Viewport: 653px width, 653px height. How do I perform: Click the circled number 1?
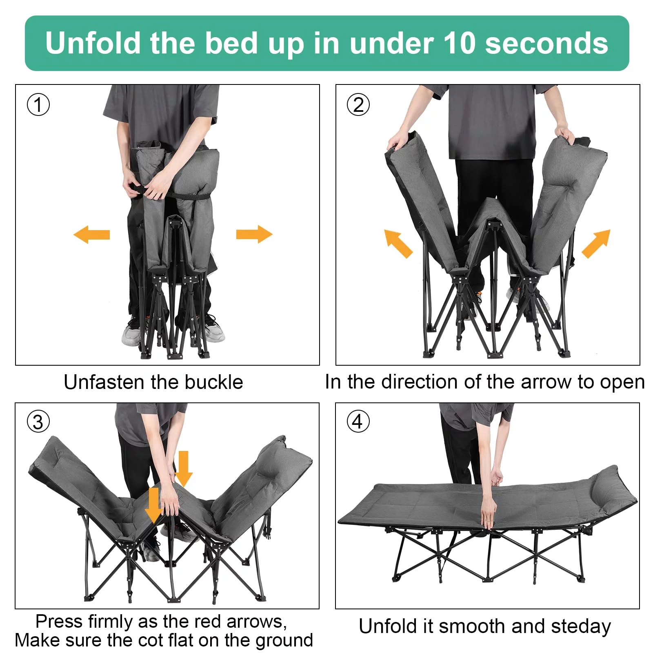[38, 104]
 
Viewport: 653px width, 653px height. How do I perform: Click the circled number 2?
[358, 104]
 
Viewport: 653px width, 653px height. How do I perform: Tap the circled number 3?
[38, 422]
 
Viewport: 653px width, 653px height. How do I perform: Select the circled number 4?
[358, 421]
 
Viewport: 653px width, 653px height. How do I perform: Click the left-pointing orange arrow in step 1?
[91, 235]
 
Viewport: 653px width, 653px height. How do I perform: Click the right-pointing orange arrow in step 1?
[254, 234]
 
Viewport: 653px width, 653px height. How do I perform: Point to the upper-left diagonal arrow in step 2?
[398, 244]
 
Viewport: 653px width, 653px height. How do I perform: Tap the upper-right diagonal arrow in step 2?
[596, 244]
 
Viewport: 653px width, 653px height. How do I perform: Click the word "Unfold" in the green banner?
[93, 43]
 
